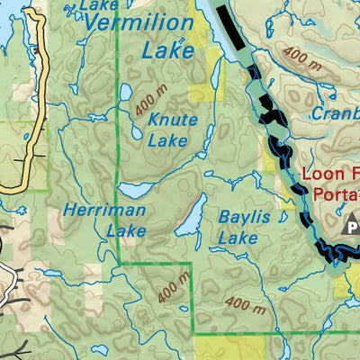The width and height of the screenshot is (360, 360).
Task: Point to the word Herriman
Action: (x=99, y=211)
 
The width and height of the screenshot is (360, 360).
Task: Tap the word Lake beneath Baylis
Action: (x=238, y=238)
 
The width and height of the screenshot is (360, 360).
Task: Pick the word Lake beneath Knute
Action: (x=167, y=140)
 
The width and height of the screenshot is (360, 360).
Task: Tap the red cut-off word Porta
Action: (x=337, y=193)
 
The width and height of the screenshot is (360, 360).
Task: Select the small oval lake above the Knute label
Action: (x=127, y=93)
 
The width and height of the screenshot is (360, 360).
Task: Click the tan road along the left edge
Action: (x=36, y=99)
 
